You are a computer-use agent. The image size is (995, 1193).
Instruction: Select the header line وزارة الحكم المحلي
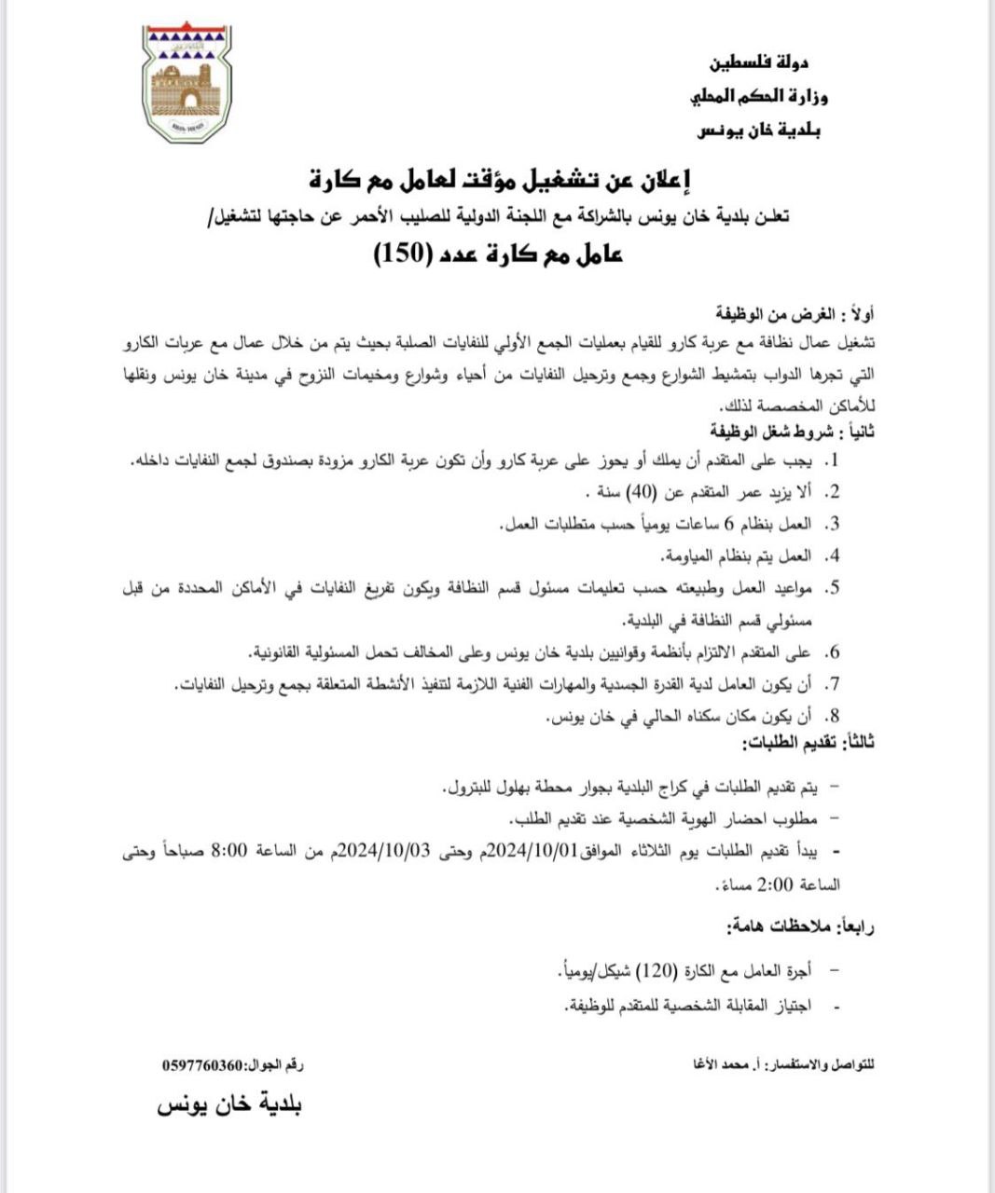758,96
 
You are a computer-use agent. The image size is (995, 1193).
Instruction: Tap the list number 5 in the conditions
836,588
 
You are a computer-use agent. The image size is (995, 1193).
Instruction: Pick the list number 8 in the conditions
836,717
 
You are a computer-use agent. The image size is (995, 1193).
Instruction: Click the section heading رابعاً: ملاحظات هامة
800,927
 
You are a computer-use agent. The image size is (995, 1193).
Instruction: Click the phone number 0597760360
200,1065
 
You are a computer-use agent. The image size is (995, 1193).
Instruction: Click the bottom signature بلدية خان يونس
229,1105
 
